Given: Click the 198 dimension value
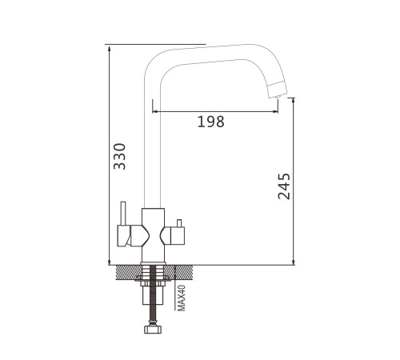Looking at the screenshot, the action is point(211,122).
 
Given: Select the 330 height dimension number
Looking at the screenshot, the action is point(119,156).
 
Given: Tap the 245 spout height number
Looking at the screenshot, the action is point(284,186).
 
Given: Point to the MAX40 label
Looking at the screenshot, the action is point(182,298).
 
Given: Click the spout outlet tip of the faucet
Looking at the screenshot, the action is point(278,90).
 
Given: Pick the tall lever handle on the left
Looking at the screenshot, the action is point(123,214).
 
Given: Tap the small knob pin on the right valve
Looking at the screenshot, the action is point(179,223).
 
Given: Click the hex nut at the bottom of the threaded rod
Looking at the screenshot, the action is point(153,330).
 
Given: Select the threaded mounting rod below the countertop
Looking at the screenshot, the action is point(153,295).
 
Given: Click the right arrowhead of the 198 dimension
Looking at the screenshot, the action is point(275,111).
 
